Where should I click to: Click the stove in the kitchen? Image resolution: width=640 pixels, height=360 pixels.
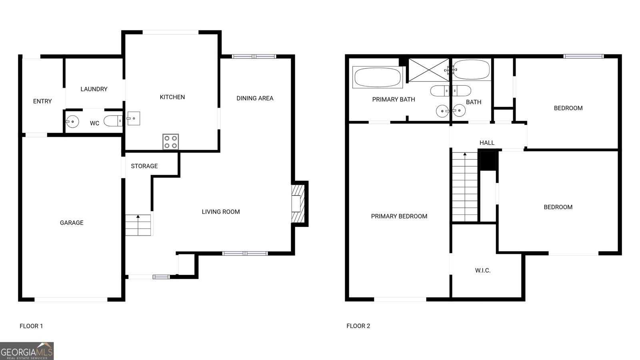(x=170, y=142)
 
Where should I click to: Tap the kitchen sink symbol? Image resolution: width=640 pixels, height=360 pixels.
(x=133, y=118)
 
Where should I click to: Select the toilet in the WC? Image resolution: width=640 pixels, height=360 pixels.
(x=113, y=121)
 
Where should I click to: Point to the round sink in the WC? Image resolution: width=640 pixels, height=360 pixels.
(x=72, y=121)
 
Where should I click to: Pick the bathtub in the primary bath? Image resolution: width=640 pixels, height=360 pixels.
(x=378, y=77)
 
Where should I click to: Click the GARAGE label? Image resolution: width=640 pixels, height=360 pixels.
(x=72, y=223)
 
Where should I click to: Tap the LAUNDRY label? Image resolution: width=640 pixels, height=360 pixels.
(x=94, y=89)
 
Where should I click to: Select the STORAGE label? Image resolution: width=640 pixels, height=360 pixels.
(x=144, y=166)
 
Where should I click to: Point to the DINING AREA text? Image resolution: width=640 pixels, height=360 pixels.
(x=255, y=98)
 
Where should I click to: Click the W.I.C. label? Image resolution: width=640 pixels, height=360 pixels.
(x=483, y=270)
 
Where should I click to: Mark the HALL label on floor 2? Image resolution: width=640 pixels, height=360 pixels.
(x=487, y=143)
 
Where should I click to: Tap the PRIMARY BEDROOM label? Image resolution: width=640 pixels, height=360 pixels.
(x=399, y=216)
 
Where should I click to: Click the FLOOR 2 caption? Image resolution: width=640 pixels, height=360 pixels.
(x=358, y=326)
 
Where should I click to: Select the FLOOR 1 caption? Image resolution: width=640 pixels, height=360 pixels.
(x=31, y=326)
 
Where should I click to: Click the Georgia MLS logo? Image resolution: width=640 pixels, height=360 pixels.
(x=27, y=351)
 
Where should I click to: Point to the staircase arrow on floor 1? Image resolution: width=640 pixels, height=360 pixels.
(x=138, y=216)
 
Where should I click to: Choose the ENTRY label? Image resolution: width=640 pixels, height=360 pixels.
(x=42, y=102)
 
